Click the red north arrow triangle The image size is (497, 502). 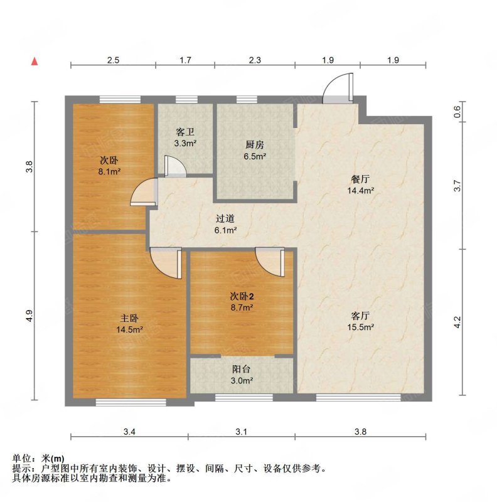35,61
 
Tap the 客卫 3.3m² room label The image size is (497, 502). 185,137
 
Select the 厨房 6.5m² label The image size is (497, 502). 255,151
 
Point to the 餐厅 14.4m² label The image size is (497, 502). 361,184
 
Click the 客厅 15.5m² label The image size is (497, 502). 361,321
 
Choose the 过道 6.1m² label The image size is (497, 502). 225,224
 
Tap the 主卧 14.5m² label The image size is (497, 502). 129,324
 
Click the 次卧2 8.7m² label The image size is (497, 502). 242,302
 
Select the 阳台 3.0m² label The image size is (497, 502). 242,375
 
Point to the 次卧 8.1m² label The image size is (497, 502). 109,166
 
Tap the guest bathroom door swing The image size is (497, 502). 175,166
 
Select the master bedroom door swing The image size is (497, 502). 166,263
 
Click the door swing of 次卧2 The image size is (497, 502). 270,262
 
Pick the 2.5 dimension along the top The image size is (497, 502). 113,60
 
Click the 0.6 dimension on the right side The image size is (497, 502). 457,112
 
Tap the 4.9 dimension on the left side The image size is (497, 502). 29,316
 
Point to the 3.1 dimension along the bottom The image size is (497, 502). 241,432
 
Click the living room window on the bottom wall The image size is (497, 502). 358,397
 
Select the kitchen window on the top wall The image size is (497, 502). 247,100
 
